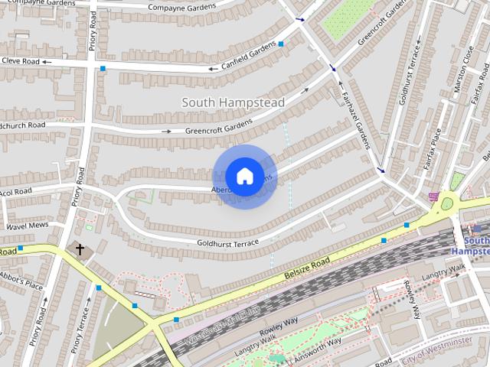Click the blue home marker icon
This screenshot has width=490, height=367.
coord(244,177)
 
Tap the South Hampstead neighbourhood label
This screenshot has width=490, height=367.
coord(234,102)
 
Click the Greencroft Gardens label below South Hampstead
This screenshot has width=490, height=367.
coord(218,126)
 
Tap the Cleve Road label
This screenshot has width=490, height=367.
coord(19,60)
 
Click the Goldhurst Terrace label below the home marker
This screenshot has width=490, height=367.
coord(227,242)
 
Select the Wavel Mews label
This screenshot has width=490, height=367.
coord(28,226)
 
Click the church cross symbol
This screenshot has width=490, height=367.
coord(80,249)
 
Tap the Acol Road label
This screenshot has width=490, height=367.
coord(17,191)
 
